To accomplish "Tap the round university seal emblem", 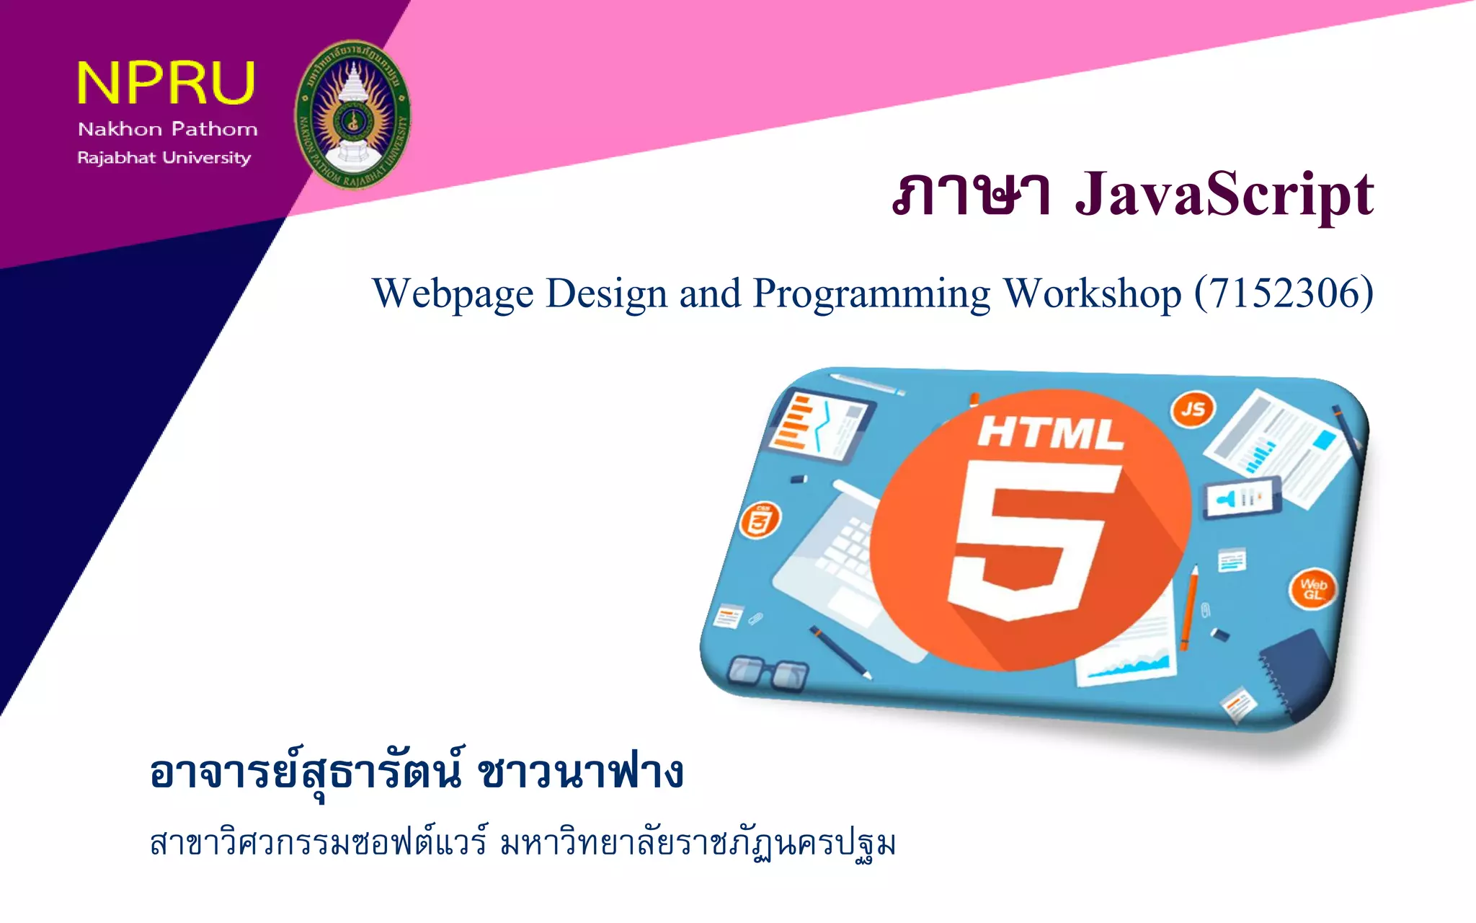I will tap(352, 114).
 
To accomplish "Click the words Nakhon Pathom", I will tap(167, 129).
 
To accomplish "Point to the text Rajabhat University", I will tap(164, 157).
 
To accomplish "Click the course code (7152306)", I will tap(1284, 293).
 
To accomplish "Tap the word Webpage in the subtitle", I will tap(453, 293).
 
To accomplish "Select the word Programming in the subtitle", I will tap(871, 294).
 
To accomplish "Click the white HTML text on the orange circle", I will tap(1049, 433).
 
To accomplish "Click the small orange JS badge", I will tap(1193, 409).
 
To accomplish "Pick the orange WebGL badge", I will tap(1312, 588).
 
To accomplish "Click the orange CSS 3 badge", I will tap(760, 519).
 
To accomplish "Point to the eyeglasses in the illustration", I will tap(768, 672).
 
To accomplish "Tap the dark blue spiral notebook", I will tap(1294, 670).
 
